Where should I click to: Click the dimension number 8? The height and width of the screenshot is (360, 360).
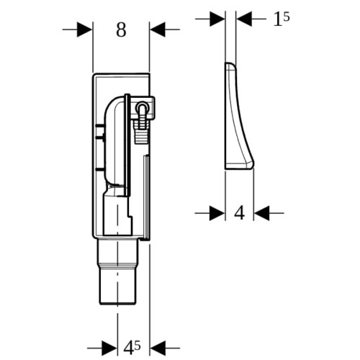(121, 30)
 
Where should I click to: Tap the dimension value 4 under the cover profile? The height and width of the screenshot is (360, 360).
(239, 213)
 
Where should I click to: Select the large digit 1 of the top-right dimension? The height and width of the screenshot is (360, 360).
(277, 20)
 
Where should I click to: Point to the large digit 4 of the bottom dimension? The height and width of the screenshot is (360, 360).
(129, 348)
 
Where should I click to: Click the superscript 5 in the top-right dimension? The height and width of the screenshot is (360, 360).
(287, 17)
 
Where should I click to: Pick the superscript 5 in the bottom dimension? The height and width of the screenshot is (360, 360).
(138, 345)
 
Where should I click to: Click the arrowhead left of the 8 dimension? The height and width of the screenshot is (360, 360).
(84, 30)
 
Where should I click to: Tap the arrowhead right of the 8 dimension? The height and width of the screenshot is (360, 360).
(158, 30)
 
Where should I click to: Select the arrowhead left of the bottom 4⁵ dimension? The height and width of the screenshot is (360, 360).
(109, 348)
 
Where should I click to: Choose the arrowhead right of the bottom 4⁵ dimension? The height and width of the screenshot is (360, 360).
(158, 348)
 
